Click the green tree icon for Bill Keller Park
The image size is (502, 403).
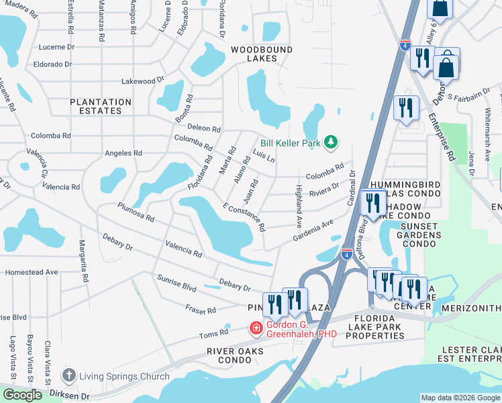(x=330, y=142)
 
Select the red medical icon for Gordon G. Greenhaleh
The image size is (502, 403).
(x=255, y=328)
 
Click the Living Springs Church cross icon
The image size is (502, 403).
(x=68, y=376)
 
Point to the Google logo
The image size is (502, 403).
(x=22, y=395)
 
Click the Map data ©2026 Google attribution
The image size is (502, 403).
(x=460, y=398)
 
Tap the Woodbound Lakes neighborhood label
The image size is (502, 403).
(x=254, y=54)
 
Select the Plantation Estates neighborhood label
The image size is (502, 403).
(x=101, y=107)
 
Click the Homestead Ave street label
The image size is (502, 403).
(x=32, y=272)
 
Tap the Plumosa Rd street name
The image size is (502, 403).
(x=136, y=213)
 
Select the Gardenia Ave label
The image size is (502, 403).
(x=313, y=233)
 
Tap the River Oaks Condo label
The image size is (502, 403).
(x=237, y=355)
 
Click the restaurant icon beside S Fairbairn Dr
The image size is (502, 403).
(x=406, y=108)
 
